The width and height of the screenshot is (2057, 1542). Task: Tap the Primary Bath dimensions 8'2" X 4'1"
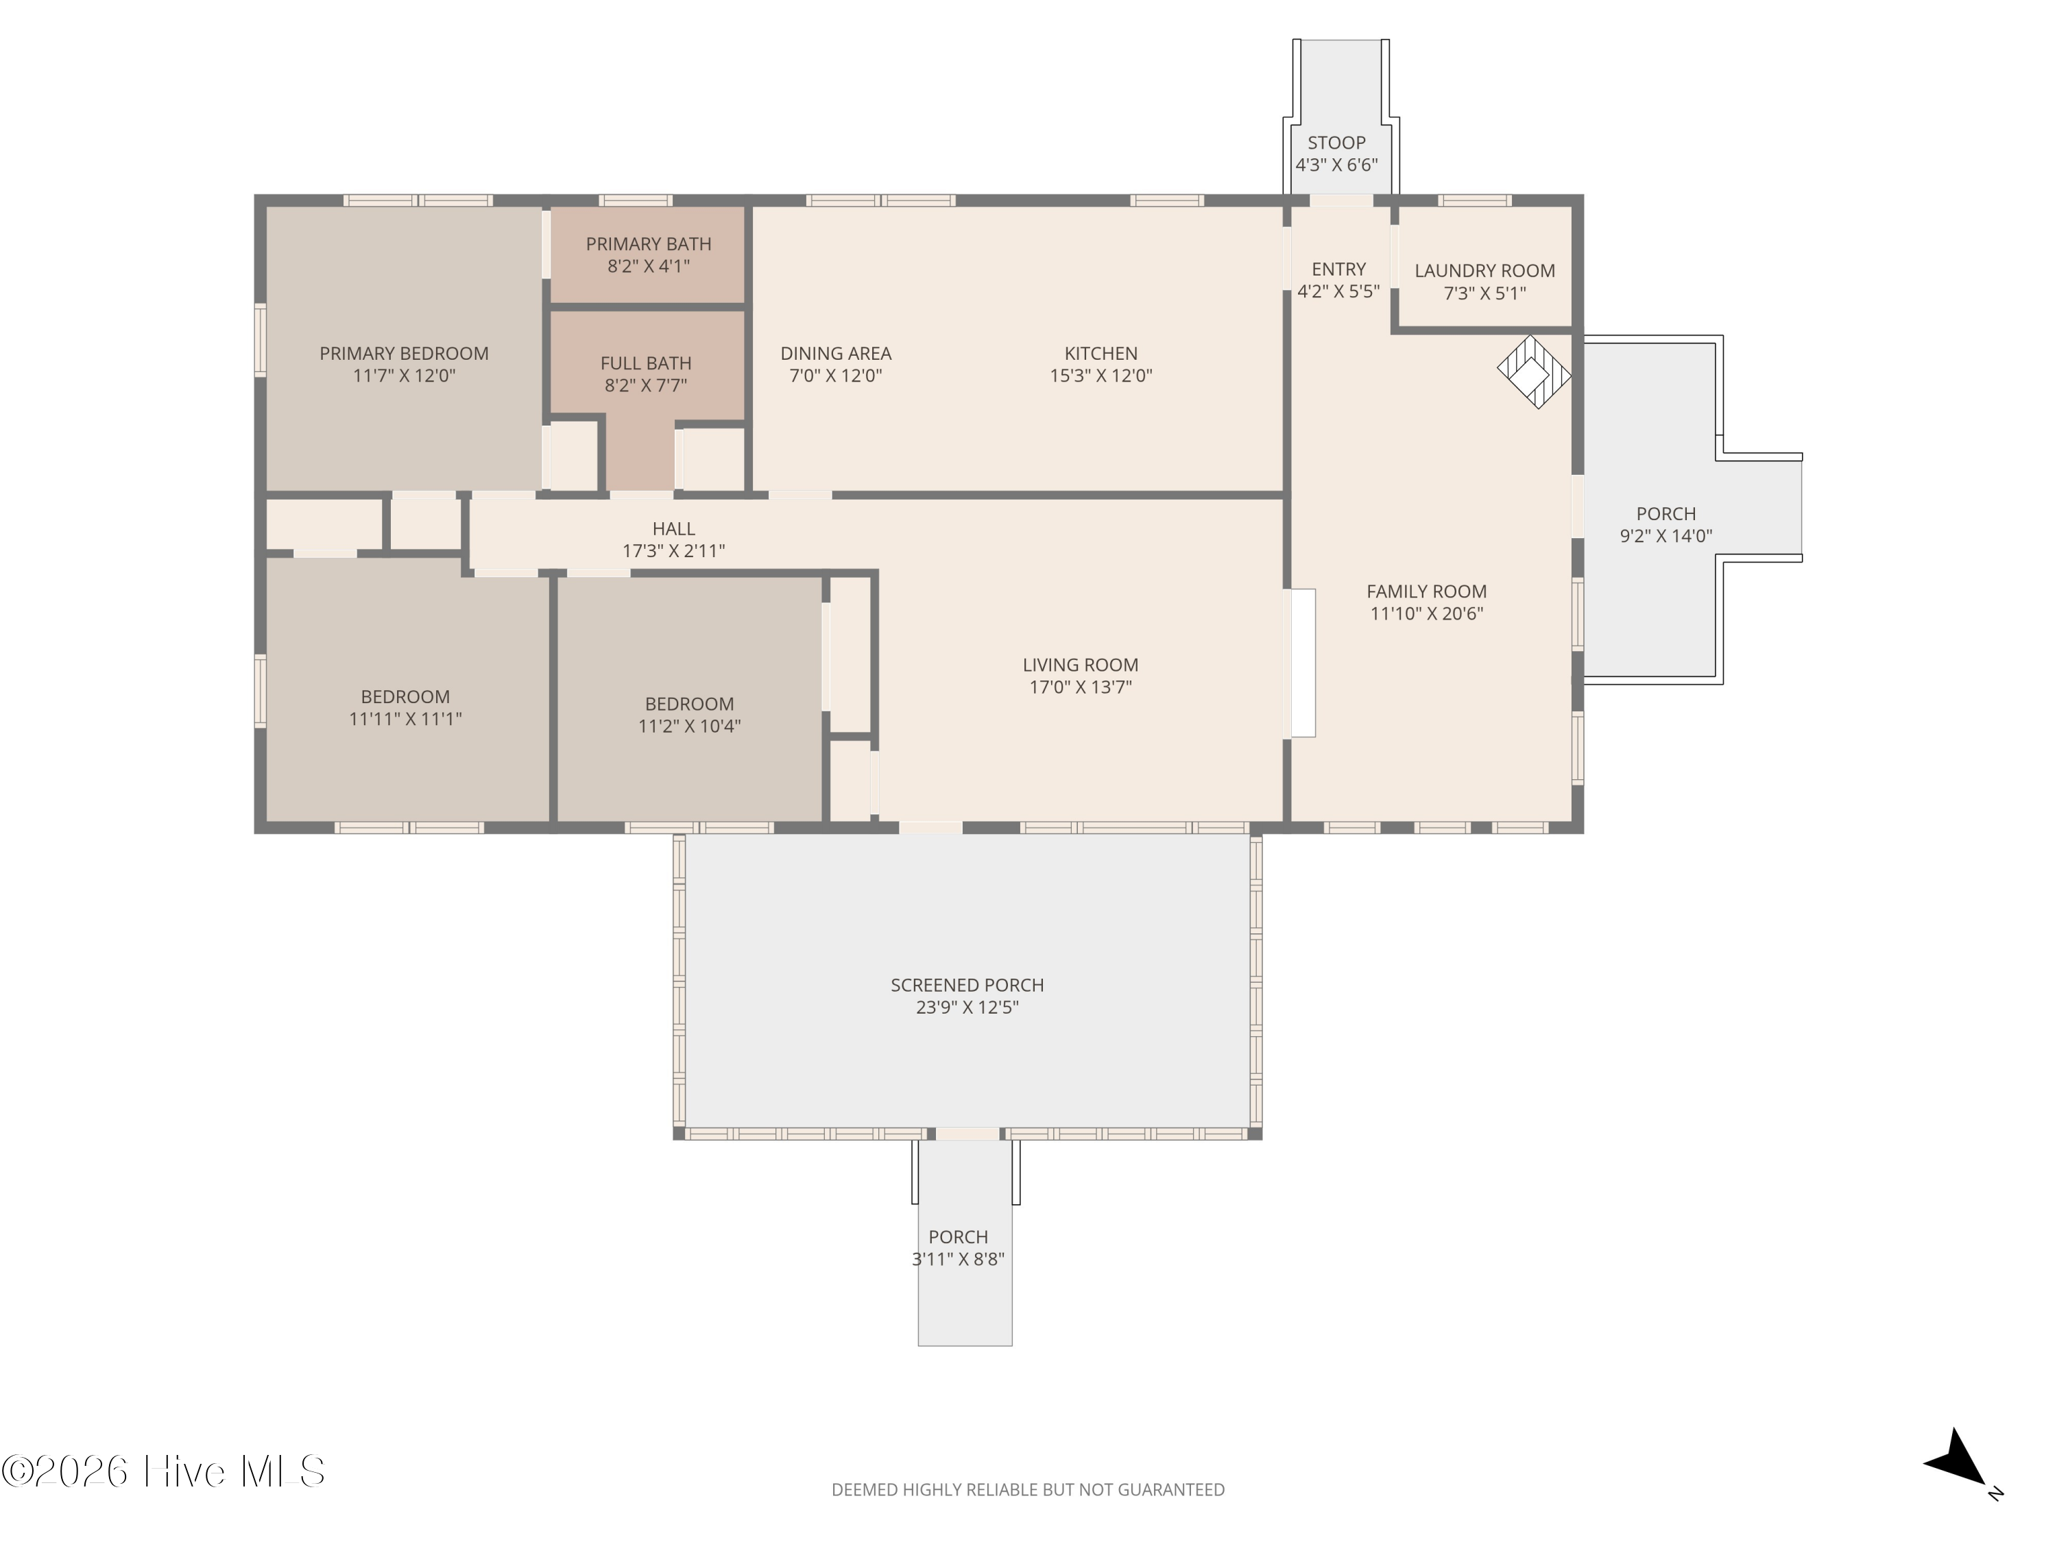click(648, 267)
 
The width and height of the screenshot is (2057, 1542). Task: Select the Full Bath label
click(645, 363)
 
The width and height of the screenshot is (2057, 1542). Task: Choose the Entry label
click(1338, 269)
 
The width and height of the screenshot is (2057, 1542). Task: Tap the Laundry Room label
click(1484, 271)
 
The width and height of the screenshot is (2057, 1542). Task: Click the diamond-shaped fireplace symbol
click(1533, 371)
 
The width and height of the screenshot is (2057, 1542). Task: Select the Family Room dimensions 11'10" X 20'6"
click(1426, 613)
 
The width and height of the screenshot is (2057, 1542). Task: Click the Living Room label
click(1080, 665)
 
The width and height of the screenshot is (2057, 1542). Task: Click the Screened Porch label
click(967, 986)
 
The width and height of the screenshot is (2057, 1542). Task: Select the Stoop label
click(1336, 143)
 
